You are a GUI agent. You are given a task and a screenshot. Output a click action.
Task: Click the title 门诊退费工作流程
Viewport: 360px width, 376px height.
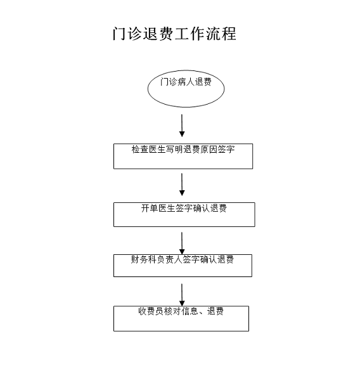(x=174, y=34)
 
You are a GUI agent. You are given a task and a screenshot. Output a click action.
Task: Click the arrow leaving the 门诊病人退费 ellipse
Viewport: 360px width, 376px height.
(x=182, y=126)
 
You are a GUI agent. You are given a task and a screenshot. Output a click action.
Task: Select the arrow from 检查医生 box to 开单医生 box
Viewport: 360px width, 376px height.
(x=182, y=185)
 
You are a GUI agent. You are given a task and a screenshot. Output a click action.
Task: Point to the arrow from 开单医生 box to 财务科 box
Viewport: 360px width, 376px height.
(x=182, y=243)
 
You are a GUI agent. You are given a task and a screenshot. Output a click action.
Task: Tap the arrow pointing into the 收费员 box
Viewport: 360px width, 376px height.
(x=182, y=295)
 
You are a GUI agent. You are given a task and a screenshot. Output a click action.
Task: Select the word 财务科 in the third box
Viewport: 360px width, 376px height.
(x=144, y=259)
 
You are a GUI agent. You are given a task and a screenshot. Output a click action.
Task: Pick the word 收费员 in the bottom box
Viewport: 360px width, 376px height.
(x=151, y=311)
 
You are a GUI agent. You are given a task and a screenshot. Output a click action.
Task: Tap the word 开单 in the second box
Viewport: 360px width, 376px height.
(x=150, y=208)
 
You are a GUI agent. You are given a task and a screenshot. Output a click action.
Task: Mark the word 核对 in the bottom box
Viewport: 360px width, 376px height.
(x=172, y=311)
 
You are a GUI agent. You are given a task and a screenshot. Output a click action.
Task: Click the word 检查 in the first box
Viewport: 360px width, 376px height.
(x=140, y=150)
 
